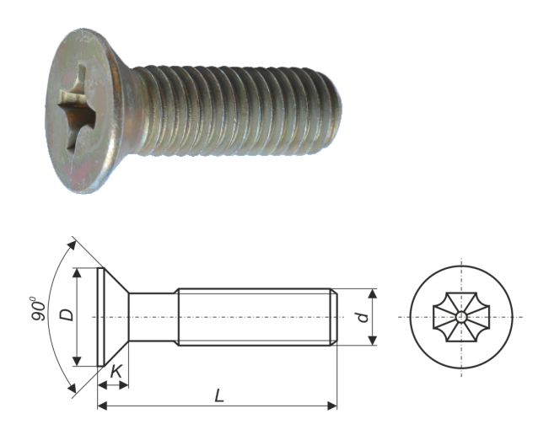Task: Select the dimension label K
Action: [x=116, y=372]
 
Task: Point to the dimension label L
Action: [x=219, y=395]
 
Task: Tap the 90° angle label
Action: [x=38, y=309]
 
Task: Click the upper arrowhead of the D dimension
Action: [x=77, y=273]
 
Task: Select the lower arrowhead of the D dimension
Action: [x=77, y=362]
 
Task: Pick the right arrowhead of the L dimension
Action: [x=332, y=406]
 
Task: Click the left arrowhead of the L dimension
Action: [x=102, y=406]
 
